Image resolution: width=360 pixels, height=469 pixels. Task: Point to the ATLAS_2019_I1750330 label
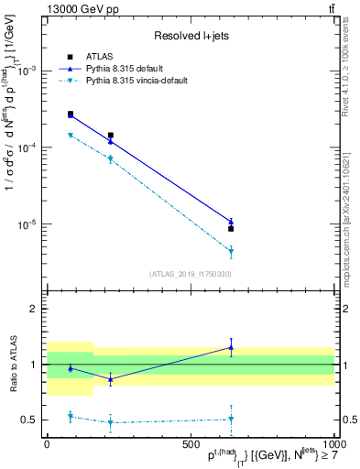[x=189, y=274]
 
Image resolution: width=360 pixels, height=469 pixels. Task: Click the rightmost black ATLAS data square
[x=231, y=229]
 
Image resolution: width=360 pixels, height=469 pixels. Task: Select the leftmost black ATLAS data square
[x=71, y=115]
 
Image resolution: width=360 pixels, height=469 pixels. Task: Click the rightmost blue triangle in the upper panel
[x=231, y=221]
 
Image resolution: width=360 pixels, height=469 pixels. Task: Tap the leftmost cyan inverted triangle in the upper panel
[x=71, y=136]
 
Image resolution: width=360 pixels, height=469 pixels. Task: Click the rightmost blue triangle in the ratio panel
[x=231, y=347]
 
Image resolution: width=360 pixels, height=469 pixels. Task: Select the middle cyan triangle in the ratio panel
[x=111, y=422]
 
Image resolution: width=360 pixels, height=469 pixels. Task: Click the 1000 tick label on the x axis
[x=332, y=444]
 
